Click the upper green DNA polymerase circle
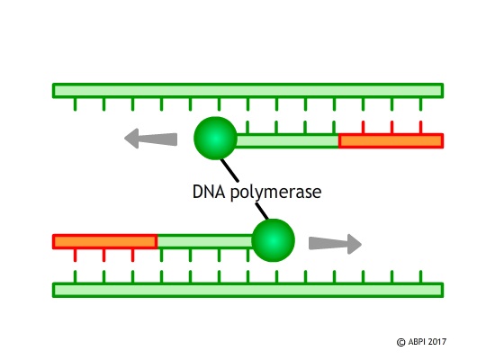(215, 139)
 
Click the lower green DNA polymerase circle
(273, 240)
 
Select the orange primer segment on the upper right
(391, 140)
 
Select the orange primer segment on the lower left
(105, 241)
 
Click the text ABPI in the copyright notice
(417, 342)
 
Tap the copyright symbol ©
(400, 342)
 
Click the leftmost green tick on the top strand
(75, 104)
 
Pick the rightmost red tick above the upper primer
(420, 127)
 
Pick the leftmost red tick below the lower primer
(75, 256)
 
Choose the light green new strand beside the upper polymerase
(287, 140)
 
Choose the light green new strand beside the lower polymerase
(205, 241)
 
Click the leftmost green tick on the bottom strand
(75, 276)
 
